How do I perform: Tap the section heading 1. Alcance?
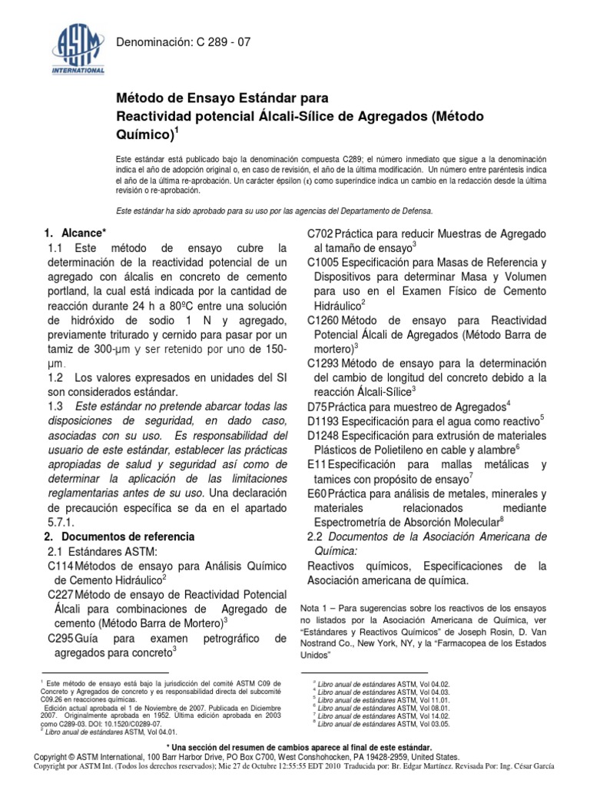[x=75, y=232]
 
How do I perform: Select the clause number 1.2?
[x=55, y=377]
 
